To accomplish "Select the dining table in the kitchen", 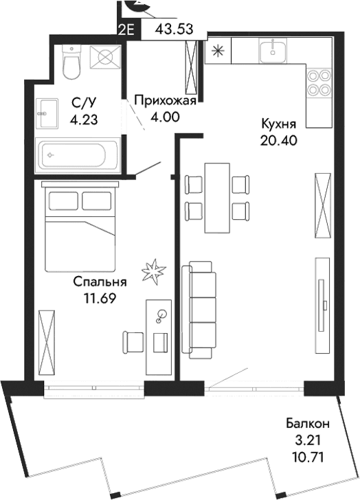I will pos(217,198).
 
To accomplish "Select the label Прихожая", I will pos(166,102).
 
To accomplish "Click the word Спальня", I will pos(100,282).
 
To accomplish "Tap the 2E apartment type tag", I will pos(126,30).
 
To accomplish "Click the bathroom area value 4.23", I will pos(83,118).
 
